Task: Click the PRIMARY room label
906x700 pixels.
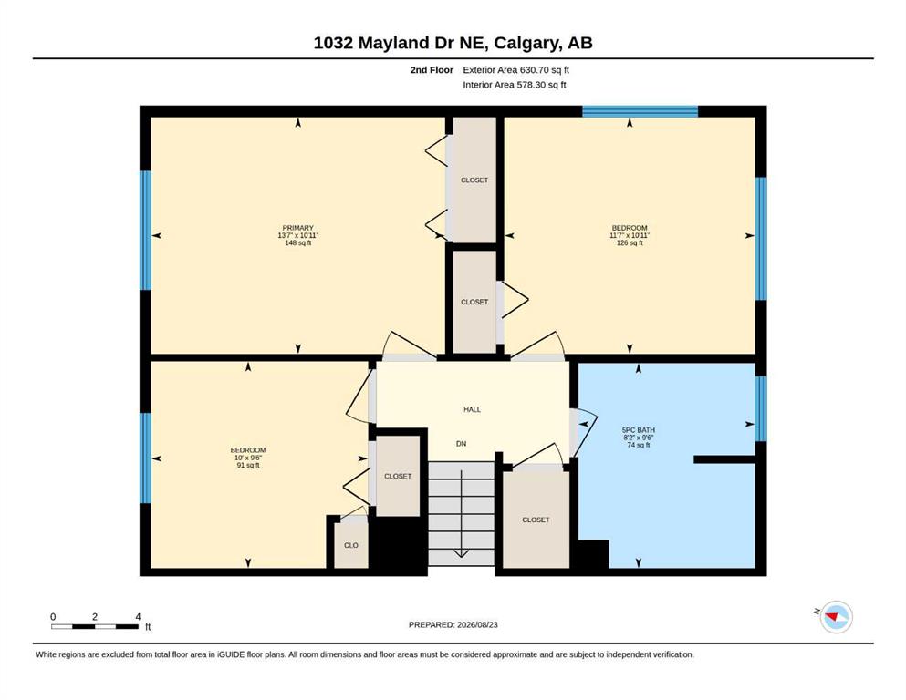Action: pyautogui.click(x=297, y=228)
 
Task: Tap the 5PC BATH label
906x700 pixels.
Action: pyautogui.click(x=638, y=430)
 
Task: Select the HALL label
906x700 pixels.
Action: pyautogui.click(x=472, y=410)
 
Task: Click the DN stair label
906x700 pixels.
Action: pyautogui.click(x=461, y=444)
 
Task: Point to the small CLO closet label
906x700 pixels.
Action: pyautogui.click(x=351, y=545)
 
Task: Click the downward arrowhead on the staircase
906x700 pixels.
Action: pyautogui.click(x=461, y=554)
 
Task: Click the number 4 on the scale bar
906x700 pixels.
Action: pyautogui.click(x=138, y=617)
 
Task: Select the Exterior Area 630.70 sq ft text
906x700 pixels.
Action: pyautogui.click(x=516, y=70)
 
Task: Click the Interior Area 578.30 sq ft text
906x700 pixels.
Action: pyautogui.click(x=515, y=85)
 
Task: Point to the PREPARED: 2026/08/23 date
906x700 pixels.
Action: pyautogui.click(x=453, y=624)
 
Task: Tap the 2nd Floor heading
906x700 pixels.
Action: pyautogui.click(x=432, y=70)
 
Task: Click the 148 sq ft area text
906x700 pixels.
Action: pyautogui.click(x=297, y=243)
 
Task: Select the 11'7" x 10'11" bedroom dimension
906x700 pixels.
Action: pyautogui.click(x=630, y=235)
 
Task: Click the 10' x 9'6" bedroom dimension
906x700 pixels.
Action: pyautogui.click(x=248, y=458)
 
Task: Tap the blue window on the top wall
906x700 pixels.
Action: pyautogui.click(x=640, y=111)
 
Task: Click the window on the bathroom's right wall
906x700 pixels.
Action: pyautogui.click(x=761, y=408)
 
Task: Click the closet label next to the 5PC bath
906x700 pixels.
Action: pyautogui.click(x=536, y=520)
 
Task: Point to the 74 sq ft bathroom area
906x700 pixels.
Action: pyautogui.click(x=638, y=445)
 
